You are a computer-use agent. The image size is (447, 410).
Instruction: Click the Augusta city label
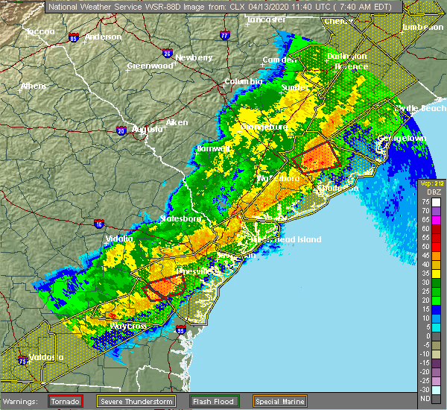[147, 129]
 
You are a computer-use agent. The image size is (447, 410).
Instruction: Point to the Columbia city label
[244, 81]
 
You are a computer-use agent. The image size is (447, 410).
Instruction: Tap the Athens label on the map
[34, 86]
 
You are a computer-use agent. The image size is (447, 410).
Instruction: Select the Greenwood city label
[145, 66]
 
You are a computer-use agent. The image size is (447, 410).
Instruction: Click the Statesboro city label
[181, 219]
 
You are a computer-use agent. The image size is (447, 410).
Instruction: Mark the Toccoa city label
[40, 32]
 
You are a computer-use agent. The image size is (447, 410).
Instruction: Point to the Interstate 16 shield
[99, 223]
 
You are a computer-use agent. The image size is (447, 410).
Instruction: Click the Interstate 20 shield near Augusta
[121, 130]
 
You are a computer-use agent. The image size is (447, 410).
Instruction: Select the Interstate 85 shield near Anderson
[73, 37]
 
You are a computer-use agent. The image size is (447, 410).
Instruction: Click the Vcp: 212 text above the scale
[431, 183]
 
